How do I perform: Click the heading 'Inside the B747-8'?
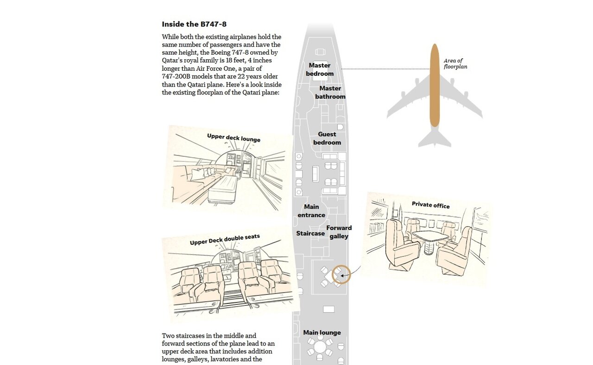coord(194,24)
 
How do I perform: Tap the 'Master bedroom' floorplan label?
coord(320,69)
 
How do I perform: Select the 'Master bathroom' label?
coord(330,93)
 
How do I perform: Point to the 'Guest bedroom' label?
coord(327,138)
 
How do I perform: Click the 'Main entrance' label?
coord(311,211)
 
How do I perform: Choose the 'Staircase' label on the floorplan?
coord(310,234)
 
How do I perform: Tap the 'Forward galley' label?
coord(339,232)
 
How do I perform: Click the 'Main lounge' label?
coord(322,333)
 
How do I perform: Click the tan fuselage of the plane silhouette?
coord(434,86)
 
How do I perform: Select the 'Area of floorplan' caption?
coord(455,64)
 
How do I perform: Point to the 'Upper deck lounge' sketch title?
coord(233,137)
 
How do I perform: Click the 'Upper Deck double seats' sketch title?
coord(225,240)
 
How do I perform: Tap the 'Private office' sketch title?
coord(430,205)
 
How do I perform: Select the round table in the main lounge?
coord(320,346)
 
